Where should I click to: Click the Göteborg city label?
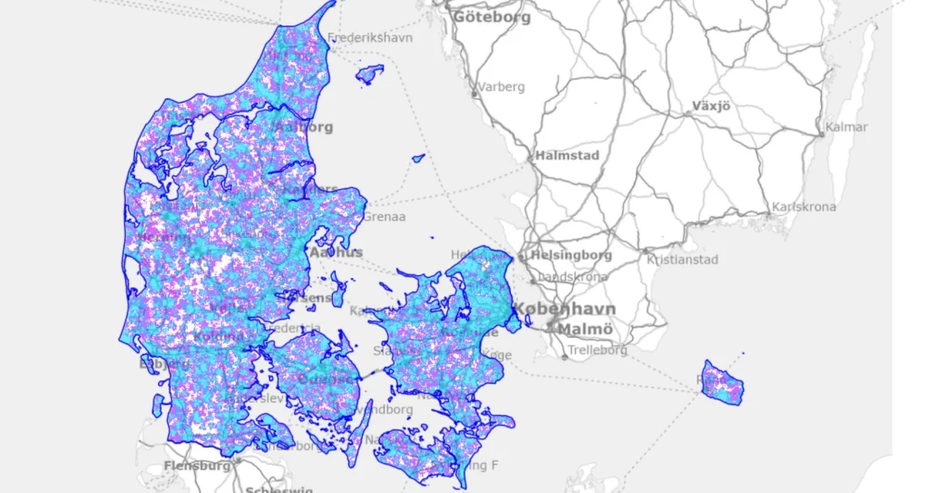[492, 17]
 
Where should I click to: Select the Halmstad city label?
[567, 155]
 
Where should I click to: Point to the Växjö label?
[711, 105]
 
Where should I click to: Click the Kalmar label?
[846, 127]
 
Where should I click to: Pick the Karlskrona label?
[804, 207]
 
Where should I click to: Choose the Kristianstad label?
[682, 260]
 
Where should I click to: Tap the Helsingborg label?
[571, 255]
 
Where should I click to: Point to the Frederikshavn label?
[370, 38]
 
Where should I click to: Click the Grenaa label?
[385, 217]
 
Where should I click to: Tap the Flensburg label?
[197, 466]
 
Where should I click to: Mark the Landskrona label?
[572, 277]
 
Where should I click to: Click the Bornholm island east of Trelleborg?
[722, 382]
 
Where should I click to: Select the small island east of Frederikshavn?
[369, 74]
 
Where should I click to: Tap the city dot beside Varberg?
[474, 94]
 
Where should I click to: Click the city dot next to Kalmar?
[822, 134]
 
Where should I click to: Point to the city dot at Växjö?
[689, 113]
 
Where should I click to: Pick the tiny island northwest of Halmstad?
[418, 159]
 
